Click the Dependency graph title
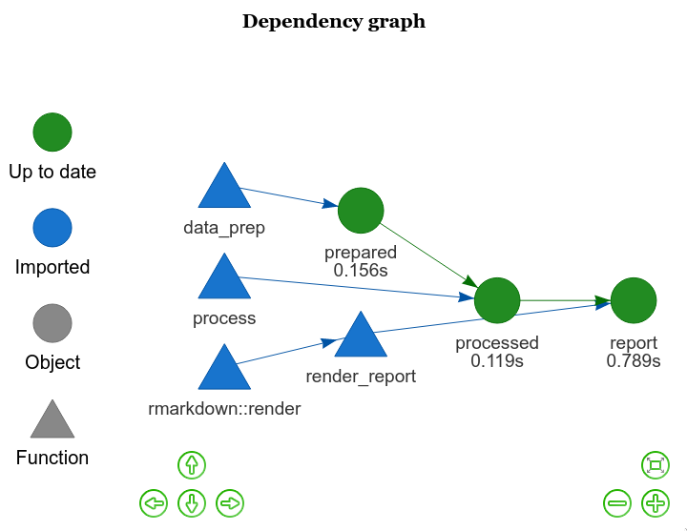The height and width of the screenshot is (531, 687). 334,22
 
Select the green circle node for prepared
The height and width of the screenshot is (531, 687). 361,211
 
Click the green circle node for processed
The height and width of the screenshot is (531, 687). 497,301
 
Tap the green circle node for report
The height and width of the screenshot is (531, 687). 634,301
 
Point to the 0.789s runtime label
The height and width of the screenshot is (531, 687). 634,361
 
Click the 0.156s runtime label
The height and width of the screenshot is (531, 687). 361,271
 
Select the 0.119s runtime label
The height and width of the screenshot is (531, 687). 497,361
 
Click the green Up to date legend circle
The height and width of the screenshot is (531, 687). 52,133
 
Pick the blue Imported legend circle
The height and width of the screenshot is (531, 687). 52,228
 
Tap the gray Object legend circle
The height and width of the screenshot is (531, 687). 52,323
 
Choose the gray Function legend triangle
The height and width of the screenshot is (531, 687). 52,420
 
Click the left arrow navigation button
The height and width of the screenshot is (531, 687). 153,502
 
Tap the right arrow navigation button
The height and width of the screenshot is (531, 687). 230,502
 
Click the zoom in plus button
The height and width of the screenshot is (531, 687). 655,502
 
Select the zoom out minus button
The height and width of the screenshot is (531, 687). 617,502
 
